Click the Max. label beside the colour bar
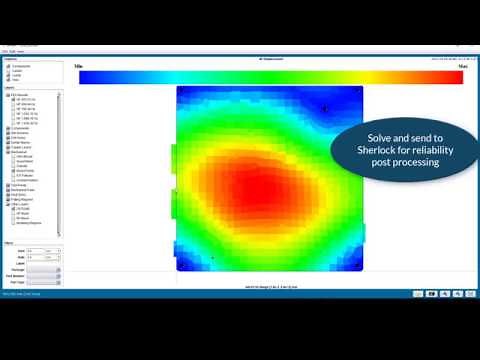pos(463,66)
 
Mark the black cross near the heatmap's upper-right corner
pos(325,109)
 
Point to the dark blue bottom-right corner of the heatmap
pos(355,265)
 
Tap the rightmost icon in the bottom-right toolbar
pos(475,294)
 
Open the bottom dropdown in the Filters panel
pos(44,283)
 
